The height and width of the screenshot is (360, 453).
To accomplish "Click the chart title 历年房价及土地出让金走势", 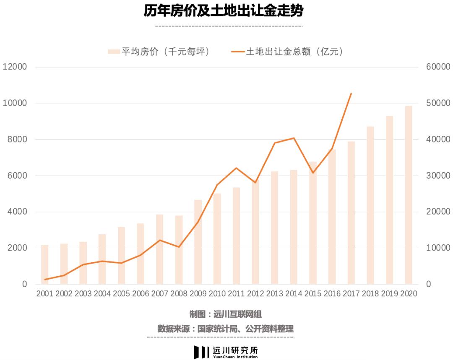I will [223, 11].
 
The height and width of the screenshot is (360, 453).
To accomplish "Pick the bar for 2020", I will [408, 195].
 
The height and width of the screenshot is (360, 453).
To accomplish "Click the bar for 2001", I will [44, 264].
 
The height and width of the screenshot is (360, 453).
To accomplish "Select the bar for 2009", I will [198, 242].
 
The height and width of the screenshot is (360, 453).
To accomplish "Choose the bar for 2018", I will [370, 205].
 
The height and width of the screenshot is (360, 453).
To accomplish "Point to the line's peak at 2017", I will [351, 93].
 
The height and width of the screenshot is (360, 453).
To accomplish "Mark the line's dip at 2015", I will [312, 173].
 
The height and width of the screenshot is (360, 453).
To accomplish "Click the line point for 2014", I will [294, 138].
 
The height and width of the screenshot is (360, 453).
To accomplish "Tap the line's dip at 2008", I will [179, 247].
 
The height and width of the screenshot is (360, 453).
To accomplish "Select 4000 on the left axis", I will [17, 212].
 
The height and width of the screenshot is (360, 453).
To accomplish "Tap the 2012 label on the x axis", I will [255, 294].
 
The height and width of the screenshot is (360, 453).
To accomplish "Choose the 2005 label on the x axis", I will [121, 294].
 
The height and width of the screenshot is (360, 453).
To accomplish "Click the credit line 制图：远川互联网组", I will [225, 314].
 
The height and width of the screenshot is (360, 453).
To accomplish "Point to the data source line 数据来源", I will [225, 329].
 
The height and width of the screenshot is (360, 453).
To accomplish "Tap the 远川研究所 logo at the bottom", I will [225, 351].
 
